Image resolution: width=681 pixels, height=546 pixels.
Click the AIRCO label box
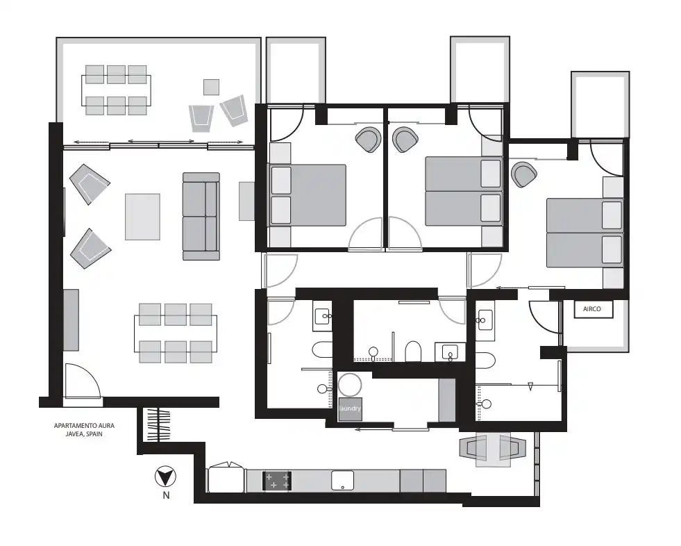(594, 309)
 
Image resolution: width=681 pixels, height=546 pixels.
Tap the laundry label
(350, 409)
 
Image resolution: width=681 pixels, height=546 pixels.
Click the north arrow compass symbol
(165, 477)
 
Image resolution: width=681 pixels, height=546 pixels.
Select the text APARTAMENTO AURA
(84, 426)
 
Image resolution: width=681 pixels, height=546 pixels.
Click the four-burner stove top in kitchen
(277, 481)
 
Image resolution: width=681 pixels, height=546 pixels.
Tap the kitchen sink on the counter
(343, 481)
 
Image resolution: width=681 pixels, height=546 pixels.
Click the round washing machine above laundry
(350, 385)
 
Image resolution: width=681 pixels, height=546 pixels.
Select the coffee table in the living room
(142, 217)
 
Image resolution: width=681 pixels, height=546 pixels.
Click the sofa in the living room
(201, 217)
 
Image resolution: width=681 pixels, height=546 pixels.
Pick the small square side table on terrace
(212, 87)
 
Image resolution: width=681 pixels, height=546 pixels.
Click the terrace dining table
(117, 90)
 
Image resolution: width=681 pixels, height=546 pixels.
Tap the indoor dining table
(176, 333)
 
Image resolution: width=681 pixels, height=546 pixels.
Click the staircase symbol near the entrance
(158, 424)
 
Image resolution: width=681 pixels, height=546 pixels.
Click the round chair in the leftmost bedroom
(369, 140)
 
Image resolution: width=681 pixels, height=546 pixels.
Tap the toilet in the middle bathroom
(413, 351)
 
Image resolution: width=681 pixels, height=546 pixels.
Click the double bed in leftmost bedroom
(308, 195)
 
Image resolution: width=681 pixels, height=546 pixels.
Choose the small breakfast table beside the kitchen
(493, 449)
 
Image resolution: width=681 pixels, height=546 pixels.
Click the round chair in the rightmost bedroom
(524, 174)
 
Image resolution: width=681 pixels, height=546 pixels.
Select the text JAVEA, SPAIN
(84, 434)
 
